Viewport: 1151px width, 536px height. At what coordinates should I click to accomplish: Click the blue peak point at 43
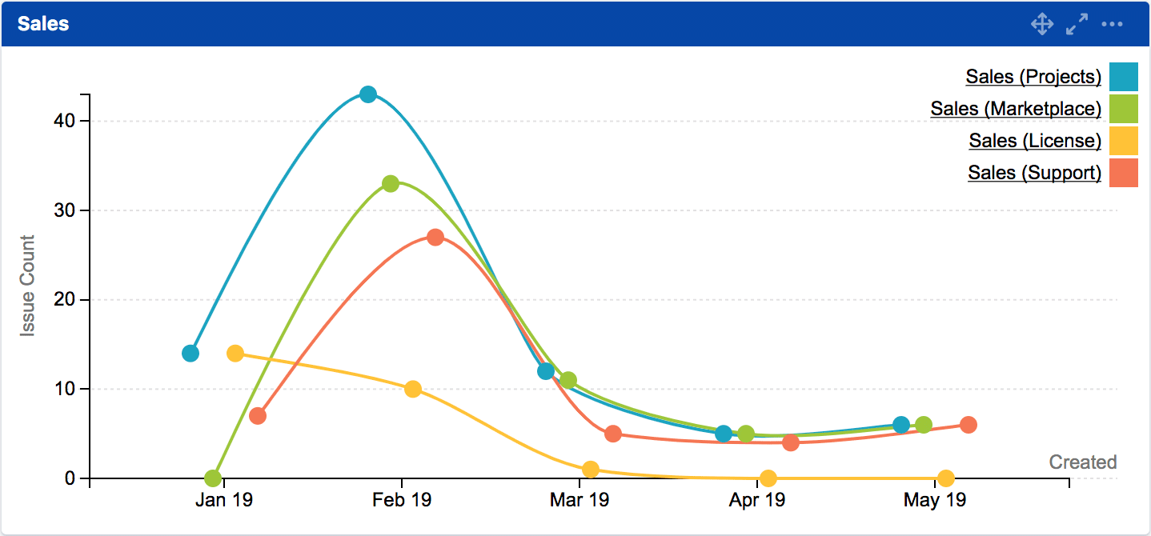pos(368,94)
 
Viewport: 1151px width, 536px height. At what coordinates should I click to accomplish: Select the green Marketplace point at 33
pos(391,184)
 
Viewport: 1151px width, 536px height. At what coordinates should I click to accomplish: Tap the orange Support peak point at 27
pos(435,238)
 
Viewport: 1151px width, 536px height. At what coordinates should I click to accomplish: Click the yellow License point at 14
pos(235,354)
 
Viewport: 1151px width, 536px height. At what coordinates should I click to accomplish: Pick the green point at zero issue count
pos(213,478)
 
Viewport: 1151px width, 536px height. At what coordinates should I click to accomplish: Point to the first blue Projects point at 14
pos(190,354)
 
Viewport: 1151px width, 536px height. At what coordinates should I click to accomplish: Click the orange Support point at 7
pos(258,416)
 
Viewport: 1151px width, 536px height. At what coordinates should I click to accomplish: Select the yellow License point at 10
pos(413,390)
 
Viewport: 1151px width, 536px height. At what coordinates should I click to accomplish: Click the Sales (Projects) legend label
pos(1033,77)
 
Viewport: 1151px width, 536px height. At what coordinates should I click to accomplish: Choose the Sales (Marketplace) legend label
pos(1016,109)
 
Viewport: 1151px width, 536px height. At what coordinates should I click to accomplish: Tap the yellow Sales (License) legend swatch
pos(1124,141)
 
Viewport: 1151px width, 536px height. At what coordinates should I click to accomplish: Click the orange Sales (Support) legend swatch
pos(1124,173)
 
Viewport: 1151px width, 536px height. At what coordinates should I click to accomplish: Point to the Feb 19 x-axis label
pos(402,501)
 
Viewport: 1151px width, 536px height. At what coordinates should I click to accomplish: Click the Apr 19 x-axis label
pos(757,501)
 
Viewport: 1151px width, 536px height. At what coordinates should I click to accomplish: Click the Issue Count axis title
pos(28,286)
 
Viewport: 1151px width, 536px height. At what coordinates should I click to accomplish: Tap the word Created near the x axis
pos(1083,462)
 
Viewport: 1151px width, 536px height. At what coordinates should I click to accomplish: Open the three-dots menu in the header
pos(1113,24)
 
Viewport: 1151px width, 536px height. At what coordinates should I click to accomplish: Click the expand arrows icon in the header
pos(1077,24)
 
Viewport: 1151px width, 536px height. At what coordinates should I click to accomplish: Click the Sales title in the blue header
pos(43,24)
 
